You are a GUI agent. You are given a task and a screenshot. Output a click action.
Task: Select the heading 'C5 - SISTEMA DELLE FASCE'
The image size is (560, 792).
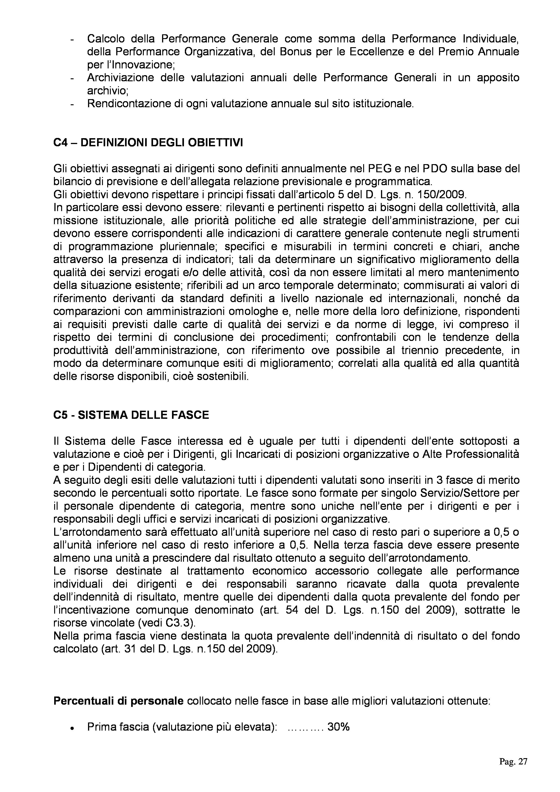[131, 415]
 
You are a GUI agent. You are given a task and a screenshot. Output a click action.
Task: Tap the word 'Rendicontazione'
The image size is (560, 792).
[128, 103]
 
